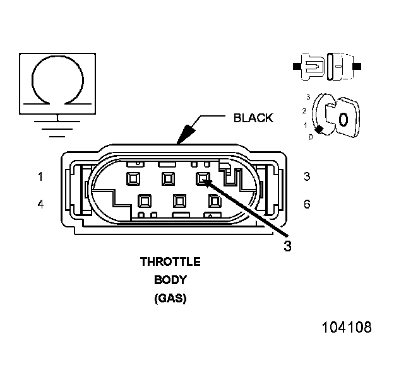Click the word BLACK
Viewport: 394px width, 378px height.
(x=253, y=118)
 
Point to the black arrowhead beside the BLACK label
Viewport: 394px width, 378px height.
(x=188, y=133)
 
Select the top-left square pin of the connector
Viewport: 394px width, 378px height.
(x=133, y=179)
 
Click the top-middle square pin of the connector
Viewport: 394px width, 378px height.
(x=168, y=179)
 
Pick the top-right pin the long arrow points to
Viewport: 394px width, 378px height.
(x=203, y=179)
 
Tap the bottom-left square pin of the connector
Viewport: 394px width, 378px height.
(x=145, y=202)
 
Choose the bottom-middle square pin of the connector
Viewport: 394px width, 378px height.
(x=179, y=202)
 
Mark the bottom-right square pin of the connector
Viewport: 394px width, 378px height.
(x=214, y=202)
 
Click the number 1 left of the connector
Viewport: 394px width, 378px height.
(x=40, y=177)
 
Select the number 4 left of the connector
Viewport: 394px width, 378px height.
(x=40, y=205)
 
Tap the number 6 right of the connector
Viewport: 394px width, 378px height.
(x=307, y=205)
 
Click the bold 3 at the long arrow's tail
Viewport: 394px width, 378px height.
(x=287, y=246)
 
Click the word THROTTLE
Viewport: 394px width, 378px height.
(x=170, y=262)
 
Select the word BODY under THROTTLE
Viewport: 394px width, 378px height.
(x=170, y=280)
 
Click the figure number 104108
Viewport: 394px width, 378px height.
(x=347, y=328)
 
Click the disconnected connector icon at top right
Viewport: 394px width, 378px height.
(x=328, y=66)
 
